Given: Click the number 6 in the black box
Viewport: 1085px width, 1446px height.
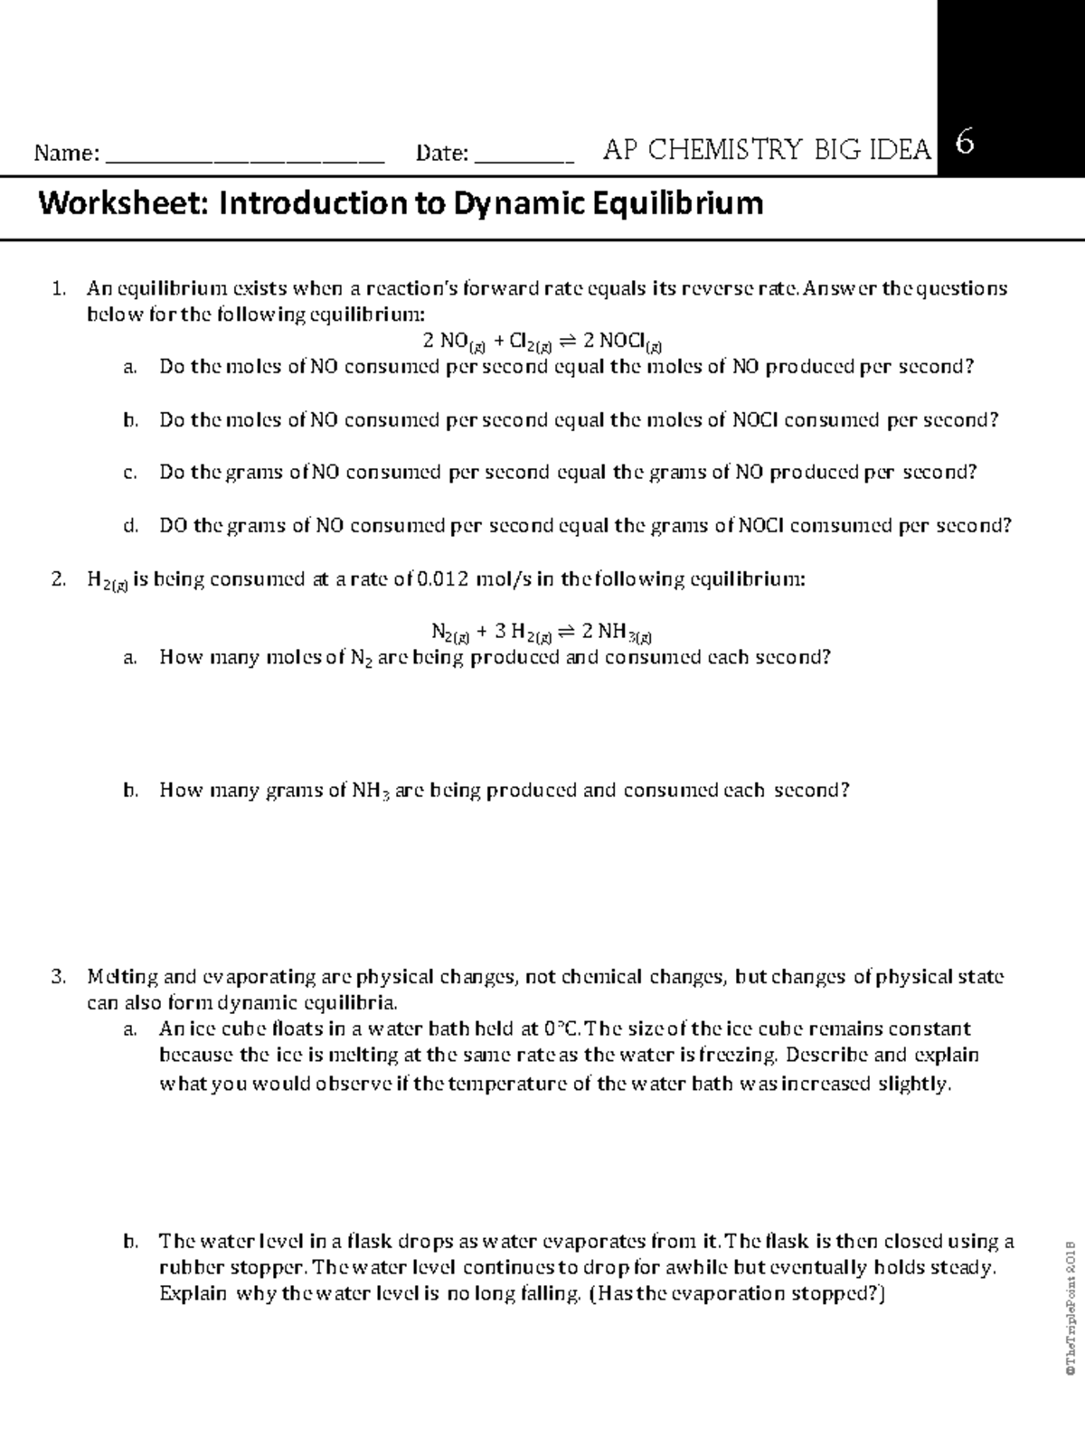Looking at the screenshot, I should (x=965, y=144).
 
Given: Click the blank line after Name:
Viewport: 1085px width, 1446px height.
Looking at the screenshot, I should (x=245, y=159).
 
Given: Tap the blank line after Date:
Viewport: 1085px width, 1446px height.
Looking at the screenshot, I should (x=524, y=159).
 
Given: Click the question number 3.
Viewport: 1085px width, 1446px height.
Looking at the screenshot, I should (x=59, y=977).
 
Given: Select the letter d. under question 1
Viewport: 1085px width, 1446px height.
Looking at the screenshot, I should (x=130, y=526).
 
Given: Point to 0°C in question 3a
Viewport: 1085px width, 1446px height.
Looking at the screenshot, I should (x=563, y=1028).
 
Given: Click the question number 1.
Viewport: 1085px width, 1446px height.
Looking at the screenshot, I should (x=59, y=289).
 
